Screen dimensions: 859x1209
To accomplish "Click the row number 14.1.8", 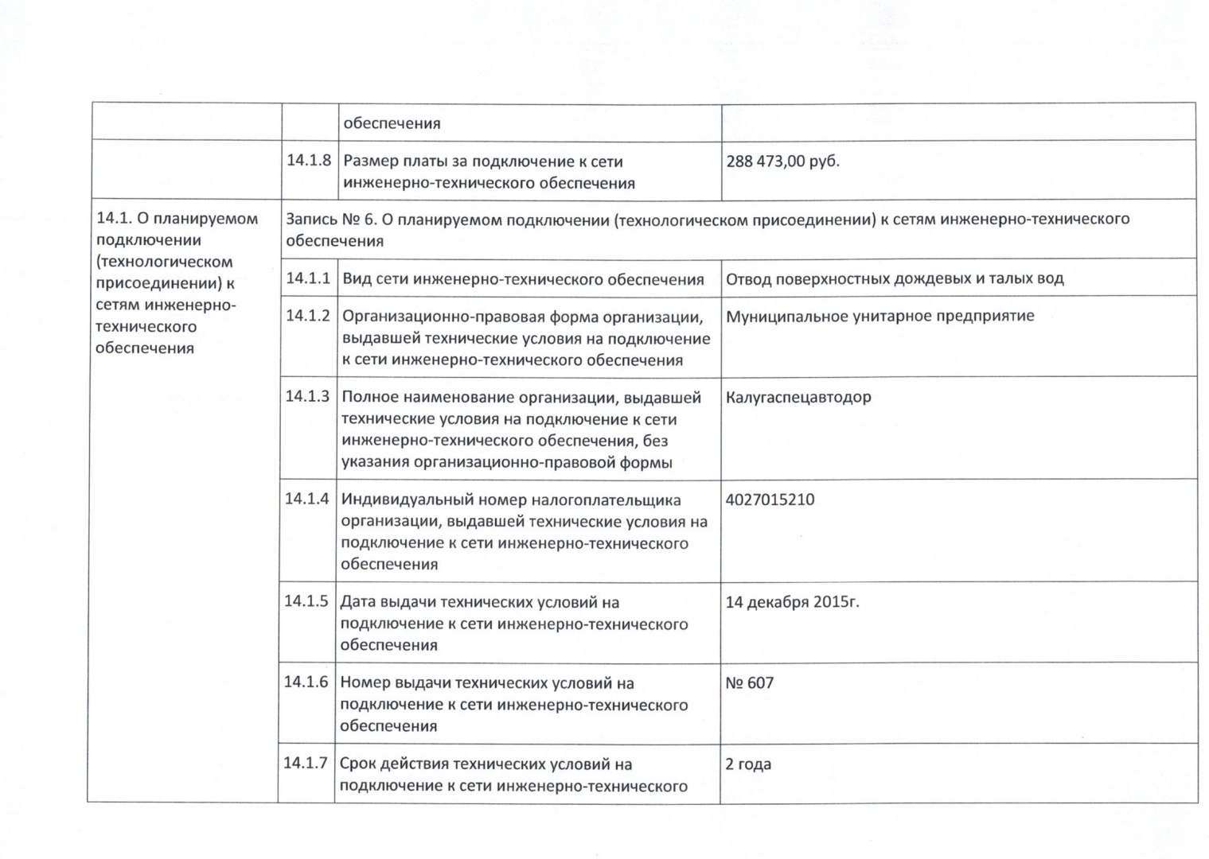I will (x=309, y=160).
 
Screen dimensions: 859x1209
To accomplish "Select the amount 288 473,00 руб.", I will (x=782, y=161).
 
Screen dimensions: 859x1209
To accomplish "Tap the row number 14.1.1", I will (x=308, y=278).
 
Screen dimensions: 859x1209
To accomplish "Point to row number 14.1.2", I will (x=308, y=316).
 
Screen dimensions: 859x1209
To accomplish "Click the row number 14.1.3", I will (x=307, y=396).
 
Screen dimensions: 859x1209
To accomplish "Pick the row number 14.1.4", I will (x=307, y=499).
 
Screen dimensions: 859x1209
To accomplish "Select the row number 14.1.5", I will (x=306, y=601).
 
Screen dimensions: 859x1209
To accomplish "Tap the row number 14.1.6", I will (x=306, y=682).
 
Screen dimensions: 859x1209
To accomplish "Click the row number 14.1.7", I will (x=306, y=764).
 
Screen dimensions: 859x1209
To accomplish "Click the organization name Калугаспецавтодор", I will (x=798, y=397).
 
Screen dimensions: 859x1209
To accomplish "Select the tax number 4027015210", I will (x=770, y=500).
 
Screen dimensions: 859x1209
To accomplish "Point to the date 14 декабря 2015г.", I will (x=792, y=602).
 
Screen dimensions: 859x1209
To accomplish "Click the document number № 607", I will (x=749, y=683).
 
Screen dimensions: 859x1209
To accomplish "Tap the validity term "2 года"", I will (x=748, y=764).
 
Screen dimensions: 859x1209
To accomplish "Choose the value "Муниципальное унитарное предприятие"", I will (x=880, y=316).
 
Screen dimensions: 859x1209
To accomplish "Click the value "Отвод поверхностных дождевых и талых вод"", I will (x=895, y=278).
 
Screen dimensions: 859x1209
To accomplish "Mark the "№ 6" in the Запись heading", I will (x=358, y=219).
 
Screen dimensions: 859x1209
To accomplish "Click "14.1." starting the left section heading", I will (x=110, y=219).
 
